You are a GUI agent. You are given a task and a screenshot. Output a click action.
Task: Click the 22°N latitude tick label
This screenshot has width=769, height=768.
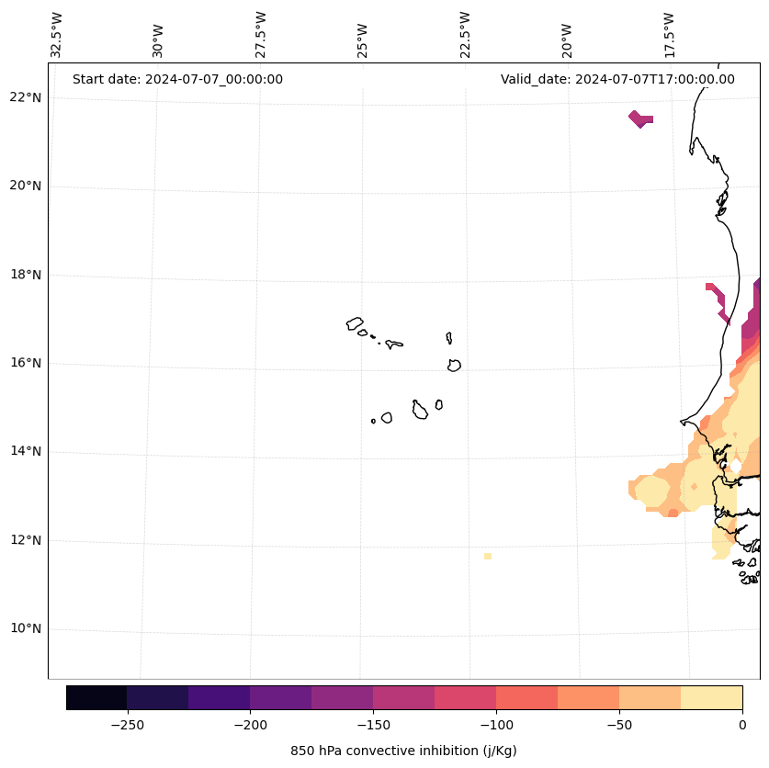[25, 98]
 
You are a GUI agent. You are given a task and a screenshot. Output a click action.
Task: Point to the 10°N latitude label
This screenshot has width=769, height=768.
[25, 629]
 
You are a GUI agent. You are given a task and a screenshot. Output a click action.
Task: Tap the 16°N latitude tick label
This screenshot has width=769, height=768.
[25, 364]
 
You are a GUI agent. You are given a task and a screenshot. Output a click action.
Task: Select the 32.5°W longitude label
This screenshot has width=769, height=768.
[57, 35]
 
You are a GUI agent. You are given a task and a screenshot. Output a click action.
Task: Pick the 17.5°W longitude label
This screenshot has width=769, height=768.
[670, 35]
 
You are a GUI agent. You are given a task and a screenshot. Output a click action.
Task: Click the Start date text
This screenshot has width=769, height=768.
[177, 79]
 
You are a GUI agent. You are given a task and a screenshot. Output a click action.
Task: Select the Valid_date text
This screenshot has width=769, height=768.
[617, 79]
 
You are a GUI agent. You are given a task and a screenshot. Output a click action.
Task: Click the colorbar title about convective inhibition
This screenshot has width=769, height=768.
[403, 751]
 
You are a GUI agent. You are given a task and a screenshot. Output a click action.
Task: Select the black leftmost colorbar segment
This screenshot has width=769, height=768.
[96, 697]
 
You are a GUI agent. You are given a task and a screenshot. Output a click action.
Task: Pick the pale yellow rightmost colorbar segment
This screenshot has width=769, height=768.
[711, 697]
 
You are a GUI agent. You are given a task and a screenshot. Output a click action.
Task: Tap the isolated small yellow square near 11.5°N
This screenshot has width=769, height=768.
[487, 556]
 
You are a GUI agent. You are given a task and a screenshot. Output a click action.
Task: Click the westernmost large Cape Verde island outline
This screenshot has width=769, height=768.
[355, 323]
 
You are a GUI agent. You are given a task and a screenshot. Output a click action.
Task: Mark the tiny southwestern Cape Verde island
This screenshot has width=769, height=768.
[373, 421]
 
